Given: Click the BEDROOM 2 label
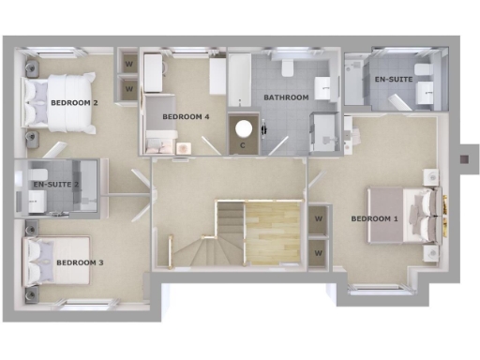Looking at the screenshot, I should point(75,102).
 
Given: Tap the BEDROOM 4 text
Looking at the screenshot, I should point(186,117).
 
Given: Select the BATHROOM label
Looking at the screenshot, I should point(286,97).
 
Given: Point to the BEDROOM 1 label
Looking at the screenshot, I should point(375,219).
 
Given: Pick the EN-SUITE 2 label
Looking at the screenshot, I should point(56,185).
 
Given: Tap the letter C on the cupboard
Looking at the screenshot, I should point(243,145).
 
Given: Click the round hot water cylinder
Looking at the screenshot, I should point(245,127).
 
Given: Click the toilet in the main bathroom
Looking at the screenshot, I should point(285,68).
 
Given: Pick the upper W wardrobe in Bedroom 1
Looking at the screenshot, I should point(319,218).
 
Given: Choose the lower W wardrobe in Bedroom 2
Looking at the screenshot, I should point(129,88).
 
